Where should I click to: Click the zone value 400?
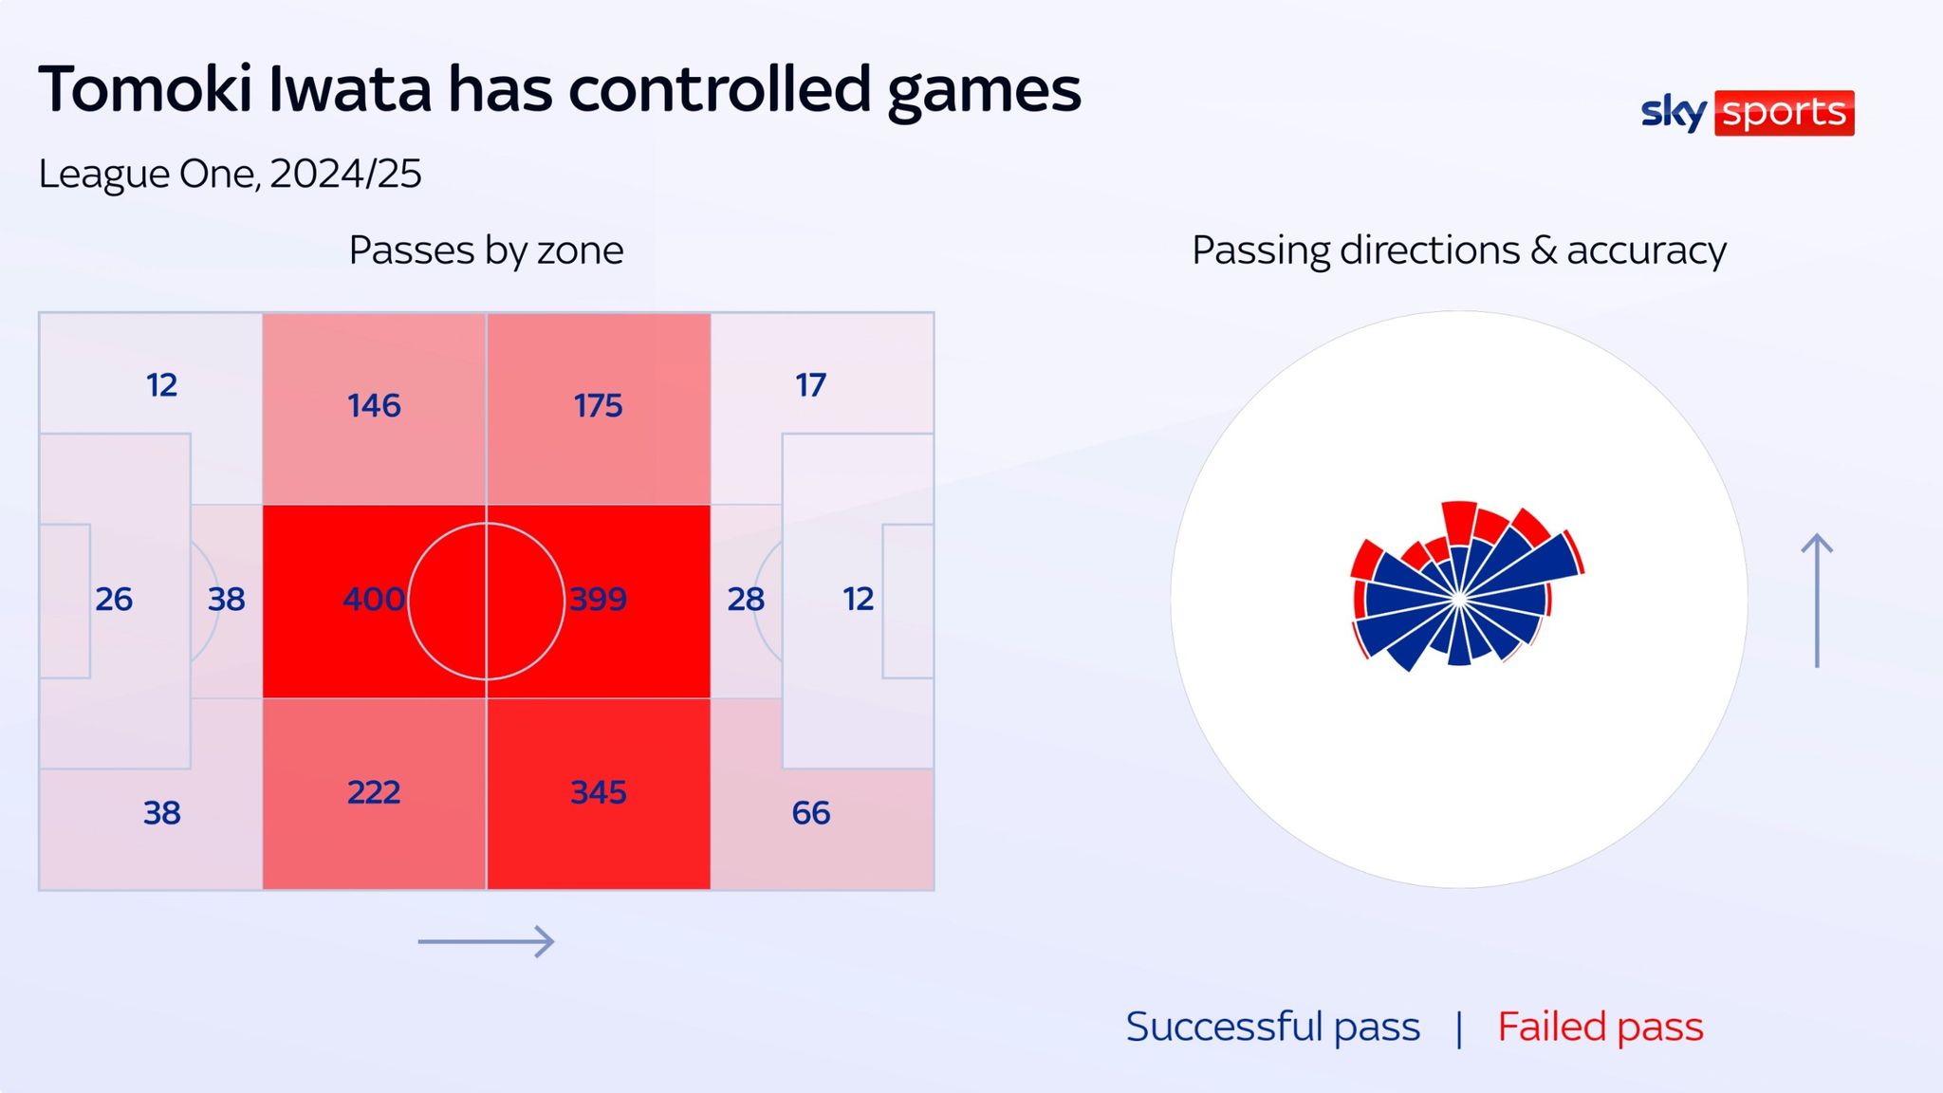(x=374, y=599)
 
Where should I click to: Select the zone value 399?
(x=598, y=599)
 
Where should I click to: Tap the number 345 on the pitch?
(x=598, y=792)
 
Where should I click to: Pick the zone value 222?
(x=374, y=792)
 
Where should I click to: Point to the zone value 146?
(x=374, y=406)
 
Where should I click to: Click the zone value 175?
(x=598, y=406)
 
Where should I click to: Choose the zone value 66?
(x=811, y=813)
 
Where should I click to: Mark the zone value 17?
(x=811, y=385)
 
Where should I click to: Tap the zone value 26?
(x=114, y=599)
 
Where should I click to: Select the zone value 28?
(x=746, y=599)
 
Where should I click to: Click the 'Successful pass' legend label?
(x=1273, y=1027)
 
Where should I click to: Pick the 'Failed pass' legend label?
(x=1601, y=1027)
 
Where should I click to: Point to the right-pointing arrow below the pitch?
(x=486, y=941)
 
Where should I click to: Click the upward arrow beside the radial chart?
(x=1817, y=601)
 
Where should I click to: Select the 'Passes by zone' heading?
(x=486, y=250)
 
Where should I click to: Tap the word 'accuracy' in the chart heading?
(x=1646, y=251)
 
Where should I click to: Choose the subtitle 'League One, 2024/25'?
(x=230, y=174)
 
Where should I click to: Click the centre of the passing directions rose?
(x=1459, y=599)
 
